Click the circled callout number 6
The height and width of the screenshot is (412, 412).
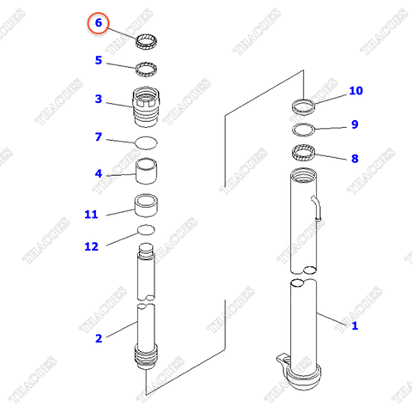coord(99,23)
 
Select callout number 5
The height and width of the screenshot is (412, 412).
coord(99,60)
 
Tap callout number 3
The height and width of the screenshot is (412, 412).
coord(99,99)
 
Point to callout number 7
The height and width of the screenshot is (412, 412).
coord(99,136)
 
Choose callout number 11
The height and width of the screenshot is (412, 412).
coord(92,214)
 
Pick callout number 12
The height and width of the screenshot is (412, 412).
coord(91,246)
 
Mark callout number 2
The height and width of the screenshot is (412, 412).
coord(99,338)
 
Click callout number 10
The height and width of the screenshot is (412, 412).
coord(355,91)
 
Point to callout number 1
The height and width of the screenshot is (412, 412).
coord(354,325)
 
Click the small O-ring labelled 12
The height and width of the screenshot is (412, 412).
coord(146,230)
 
